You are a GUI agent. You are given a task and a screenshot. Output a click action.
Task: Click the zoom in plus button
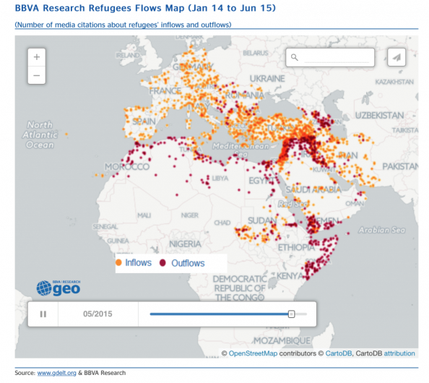click(36, 56)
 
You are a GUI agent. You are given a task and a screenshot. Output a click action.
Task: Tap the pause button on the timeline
click(43, 314)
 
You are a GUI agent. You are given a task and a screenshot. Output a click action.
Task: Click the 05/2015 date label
click(97, 314)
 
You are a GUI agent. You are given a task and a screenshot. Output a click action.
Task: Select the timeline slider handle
click(291, 314)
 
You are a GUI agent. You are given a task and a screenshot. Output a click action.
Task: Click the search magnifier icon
click(295, 57)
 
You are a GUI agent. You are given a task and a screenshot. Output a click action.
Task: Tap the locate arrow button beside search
click(396, 57)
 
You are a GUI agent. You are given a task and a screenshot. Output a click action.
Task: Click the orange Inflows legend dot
click(119, 263)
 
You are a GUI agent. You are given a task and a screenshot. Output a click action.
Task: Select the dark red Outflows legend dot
click(164, 263)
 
